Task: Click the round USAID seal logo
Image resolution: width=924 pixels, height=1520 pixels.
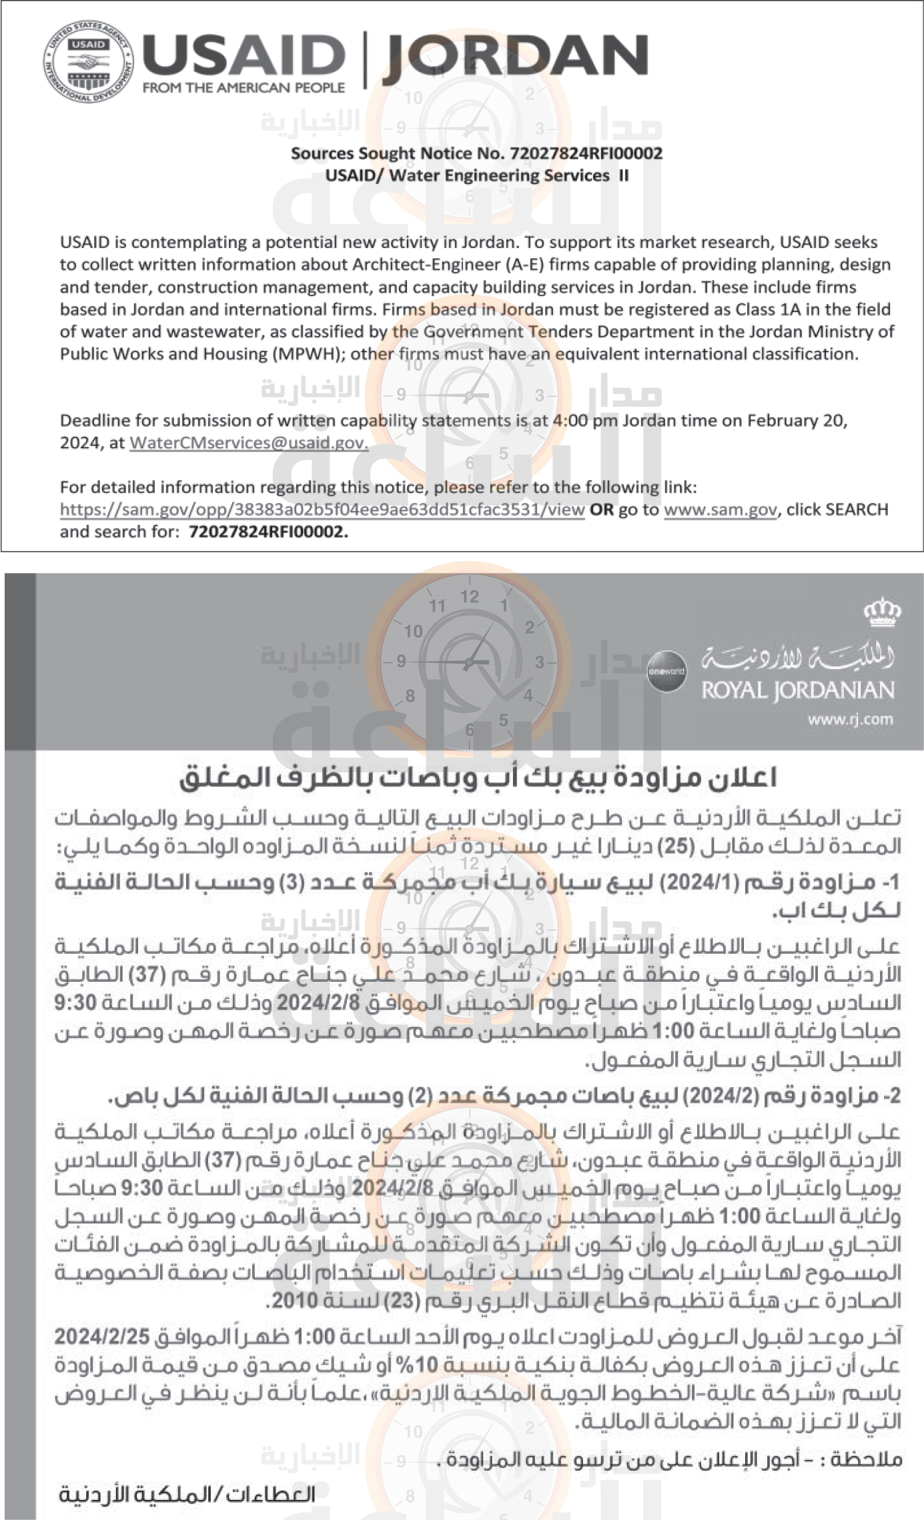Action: [89, 62]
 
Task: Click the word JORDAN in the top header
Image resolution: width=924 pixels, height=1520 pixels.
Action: [515, 57]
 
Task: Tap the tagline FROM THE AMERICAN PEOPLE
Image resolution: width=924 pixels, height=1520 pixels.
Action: [244, 87]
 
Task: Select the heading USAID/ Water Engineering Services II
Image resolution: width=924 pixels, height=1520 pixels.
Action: [476, 176]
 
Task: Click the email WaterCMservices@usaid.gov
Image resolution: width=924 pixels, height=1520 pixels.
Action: [248, 443]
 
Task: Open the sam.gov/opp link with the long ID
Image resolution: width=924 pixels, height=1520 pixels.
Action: [322, 510]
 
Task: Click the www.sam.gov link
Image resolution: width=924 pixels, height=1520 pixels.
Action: [720, 510]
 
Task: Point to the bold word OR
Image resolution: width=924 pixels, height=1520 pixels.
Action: [601, 510]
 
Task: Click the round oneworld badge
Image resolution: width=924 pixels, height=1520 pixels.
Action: [665, 672]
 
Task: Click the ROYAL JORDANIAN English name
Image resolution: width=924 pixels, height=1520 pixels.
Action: [797, 690]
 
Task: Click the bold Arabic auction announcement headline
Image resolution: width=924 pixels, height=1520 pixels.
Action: [478, 778]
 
